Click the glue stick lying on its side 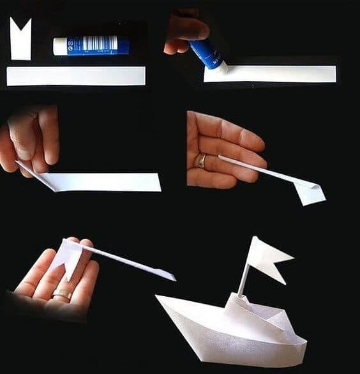(91, 45)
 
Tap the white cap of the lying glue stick (60, 46)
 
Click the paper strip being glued (274, 73)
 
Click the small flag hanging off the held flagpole (310, 192)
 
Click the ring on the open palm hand (62, 294)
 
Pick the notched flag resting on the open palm (70, 255)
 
